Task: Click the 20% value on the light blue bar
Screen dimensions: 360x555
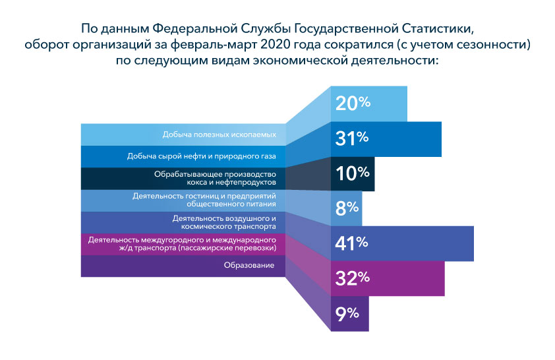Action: tap(353, 104)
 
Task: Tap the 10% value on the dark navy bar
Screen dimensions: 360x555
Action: tap(352, 173)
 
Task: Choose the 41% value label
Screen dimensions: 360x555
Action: tap(352, 243)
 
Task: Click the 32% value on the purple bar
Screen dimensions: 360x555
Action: tap(352, 278)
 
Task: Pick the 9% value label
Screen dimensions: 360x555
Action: tap(347, 313)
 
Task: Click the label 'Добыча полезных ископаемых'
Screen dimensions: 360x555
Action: tap(219, 135)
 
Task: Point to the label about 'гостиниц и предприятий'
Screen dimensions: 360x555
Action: tap(203, 200)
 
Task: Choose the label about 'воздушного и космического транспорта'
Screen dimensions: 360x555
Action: tap(223, 222)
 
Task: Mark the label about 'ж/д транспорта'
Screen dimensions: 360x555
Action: tap(181, 243)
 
